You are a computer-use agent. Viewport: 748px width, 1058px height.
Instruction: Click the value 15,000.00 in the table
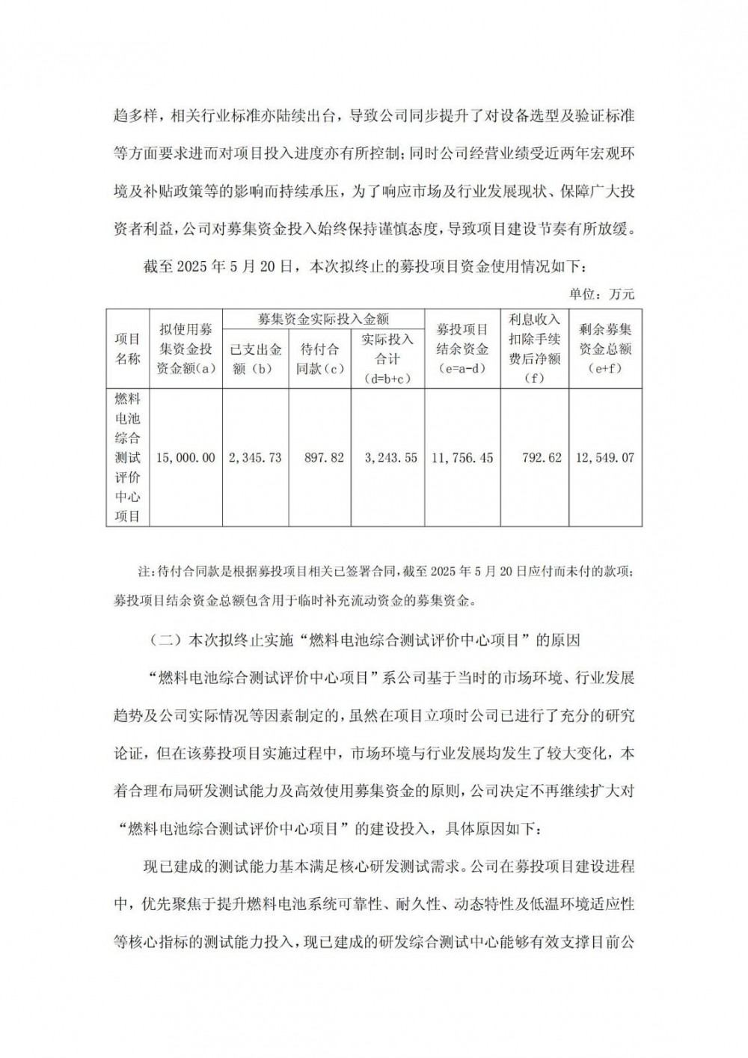[x=186, y=457]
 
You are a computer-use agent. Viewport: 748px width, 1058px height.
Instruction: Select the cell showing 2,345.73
[x=255, y=457]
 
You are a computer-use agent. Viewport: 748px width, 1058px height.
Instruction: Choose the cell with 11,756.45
[x=462, y=457]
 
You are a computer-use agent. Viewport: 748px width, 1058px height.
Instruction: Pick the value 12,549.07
[x=606, y=457]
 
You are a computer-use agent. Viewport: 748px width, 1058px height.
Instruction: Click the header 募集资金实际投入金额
[x=323, y=319]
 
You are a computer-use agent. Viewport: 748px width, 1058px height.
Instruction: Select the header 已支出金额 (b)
[x=255, y=358]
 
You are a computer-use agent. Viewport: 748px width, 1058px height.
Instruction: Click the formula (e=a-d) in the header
[x=462, y=369]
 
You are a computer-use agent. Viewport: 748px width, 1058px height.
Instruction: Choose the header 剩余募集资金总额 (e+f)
[x=606, y=349]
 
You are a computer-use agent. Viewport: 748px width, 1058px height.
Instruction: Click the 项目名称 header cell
[x=128, y=349]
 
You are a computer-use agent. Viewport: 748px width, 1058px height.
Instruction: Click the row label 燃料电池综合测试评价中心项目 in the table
[x=128, y=457]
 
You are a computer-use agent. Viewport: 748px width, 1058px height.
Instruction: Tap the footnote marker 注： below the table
[x=144, y=572]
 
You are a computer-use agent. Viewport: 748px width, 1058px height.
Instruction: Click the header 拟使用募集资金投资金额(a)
[x=186, y=349]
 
